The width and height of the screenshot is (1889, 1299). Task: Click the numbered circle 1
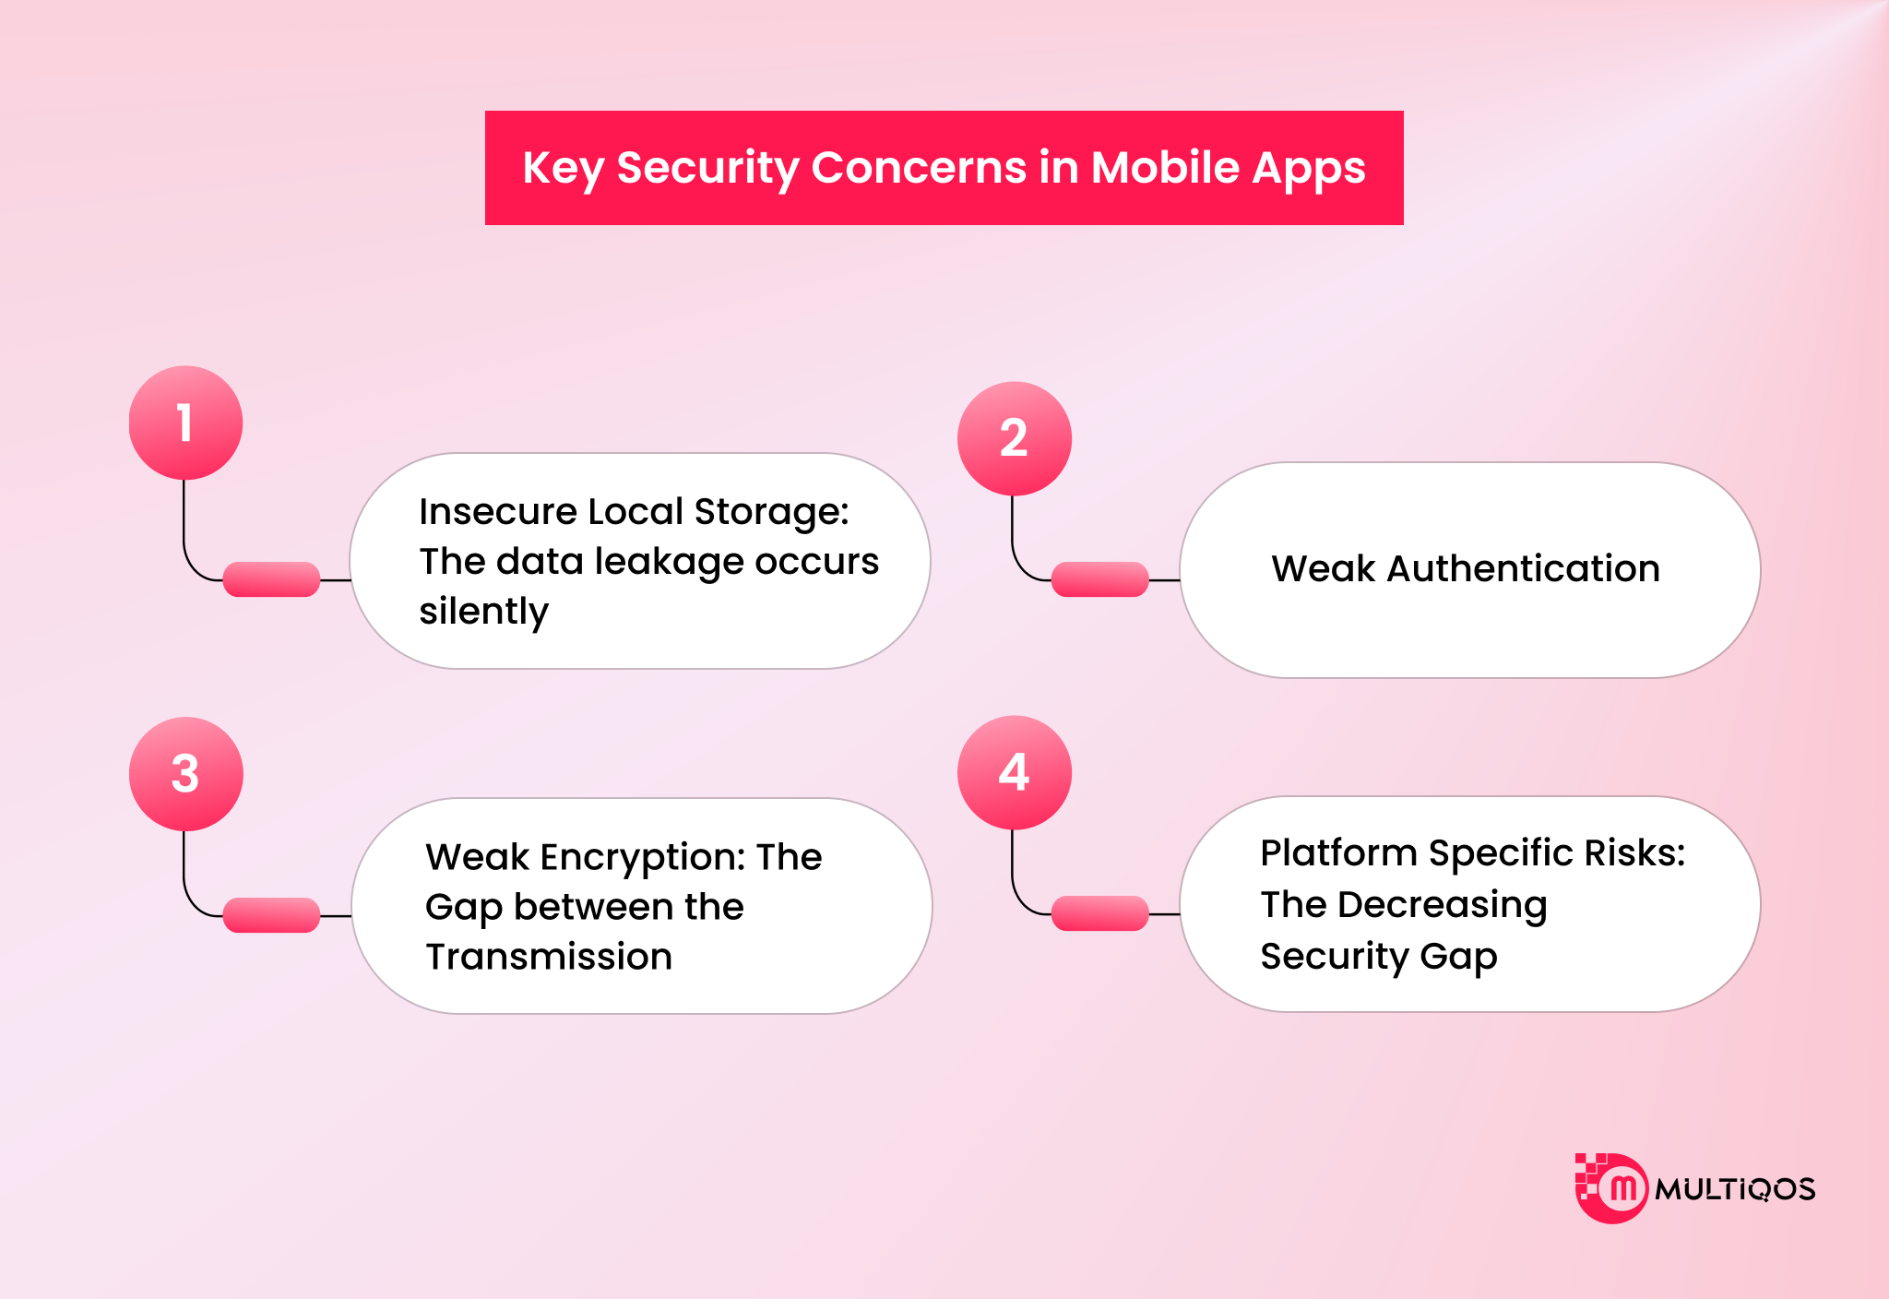(185, 423)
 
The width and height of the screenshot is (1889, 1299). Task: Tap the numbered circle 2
(1014, 438)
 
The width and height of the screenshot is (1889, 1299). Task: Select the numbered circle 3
(185, 773)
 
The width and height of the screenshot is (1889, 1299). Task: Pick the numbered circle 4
(1014, 772)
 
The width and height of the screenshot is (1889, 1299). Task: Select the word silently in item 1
(483, 611)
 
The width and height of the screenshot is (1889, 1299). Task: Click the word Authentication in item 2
(1523, 568)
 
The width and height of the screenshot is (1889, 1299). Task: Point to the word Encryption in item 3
(643, 857)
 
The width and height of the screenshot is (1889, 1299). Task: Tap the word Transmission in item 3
(549, 957)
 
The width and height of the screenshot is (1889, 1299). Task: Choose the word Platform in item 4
(1338, 853)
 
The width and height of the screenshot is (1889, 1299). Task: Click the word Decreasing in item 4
(1442, 905)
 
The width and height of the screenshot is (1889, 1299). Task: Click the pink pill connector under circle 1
(271, 579)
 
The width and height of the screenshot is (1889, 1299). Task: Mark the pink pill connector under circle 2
(1099, 579)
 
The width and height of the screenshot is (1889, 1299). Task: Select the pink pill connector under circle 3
(271, 915)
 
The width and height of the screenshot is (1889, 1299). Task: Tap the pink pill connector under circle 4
(1099, 913)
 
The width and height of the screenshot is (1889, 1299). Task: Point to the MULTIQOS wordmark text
(1734, 1189)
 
